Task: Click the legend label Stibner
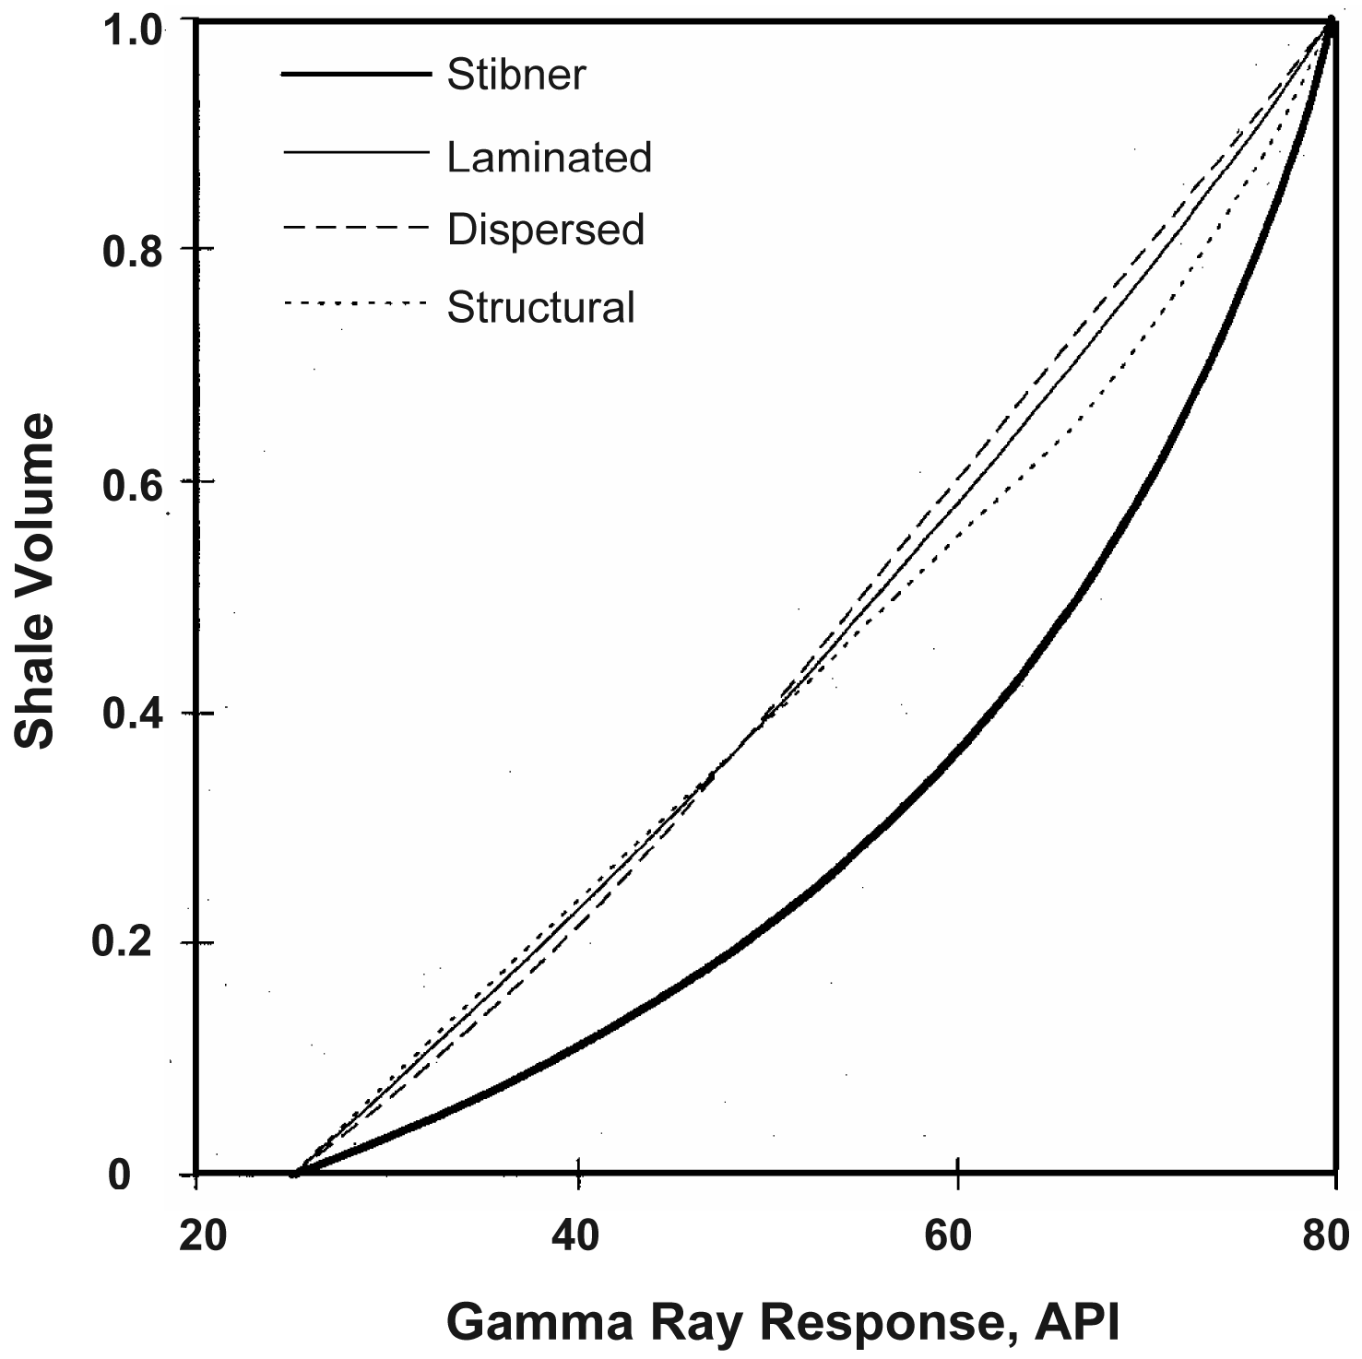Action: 515,75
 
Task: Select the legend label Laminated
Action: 549,158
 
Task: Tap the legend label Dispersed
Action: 545,230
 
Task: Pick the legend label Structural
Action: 540,307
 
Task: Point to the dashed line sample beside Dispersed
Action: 356,228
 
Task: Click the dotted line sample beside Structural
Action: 356,303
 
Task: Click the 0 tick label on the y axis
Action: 119,1175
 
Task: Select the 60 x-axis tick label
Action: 949,1235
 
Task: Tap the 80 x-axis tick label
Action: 1325,1235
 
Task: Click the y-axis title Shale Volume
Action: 35,582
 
